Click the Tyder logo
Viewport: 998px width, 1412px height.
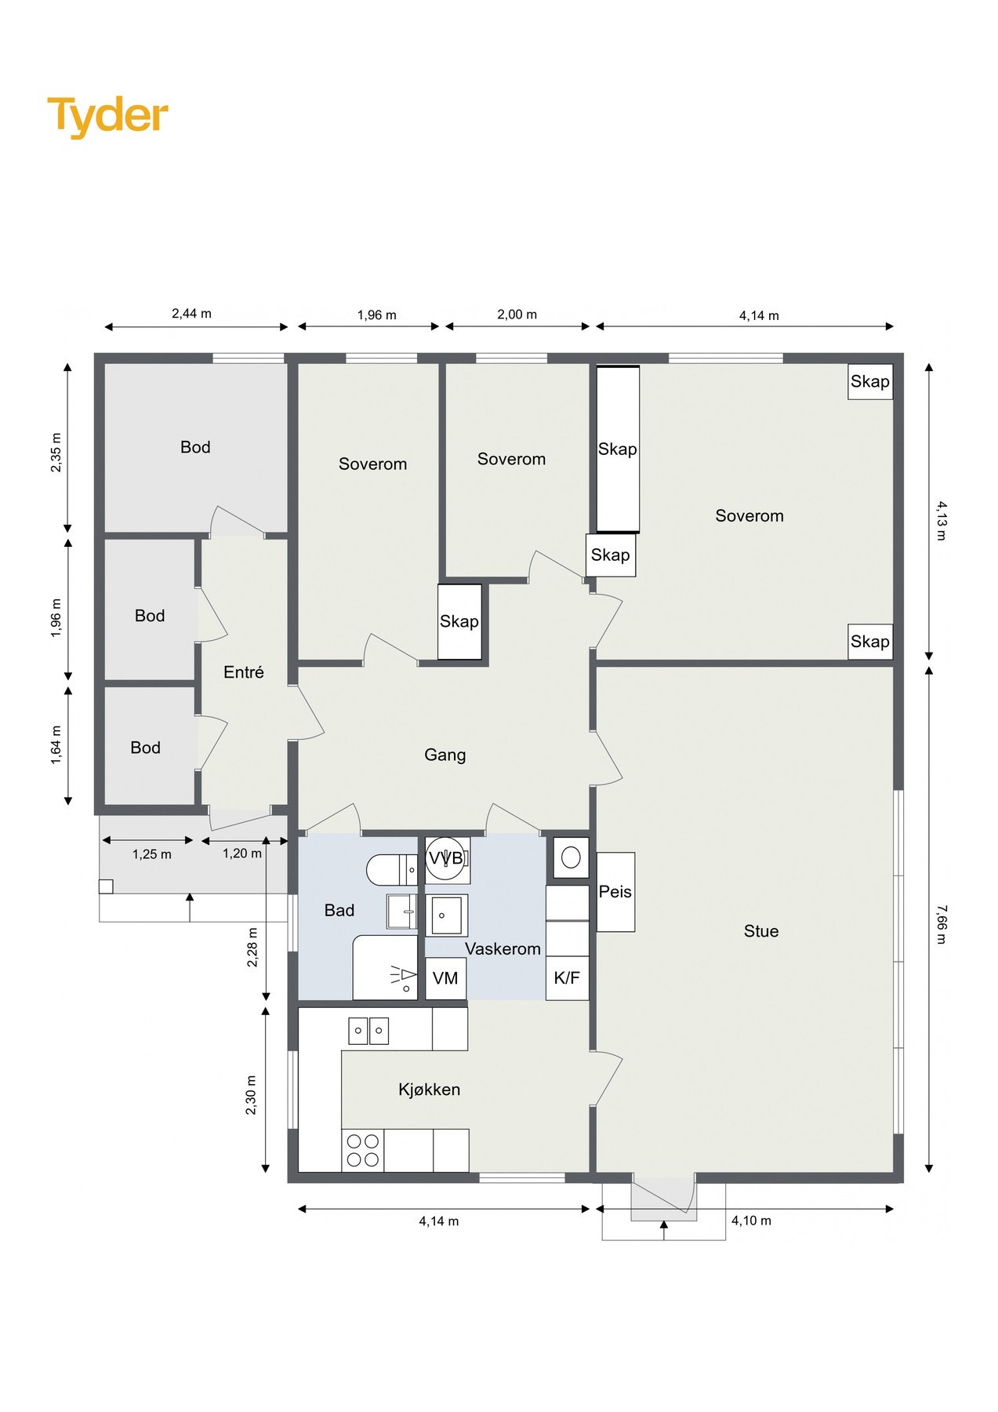tap(107, 116)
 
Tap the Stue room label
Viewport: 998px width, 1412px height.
tap(760, 931)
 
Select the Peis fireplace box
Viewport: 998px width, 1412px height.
tap(615, 892)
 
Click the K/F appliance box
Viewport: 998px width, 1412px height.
tap(567, 978)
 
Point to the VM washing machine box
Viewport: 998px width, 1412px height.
tap(445, 978)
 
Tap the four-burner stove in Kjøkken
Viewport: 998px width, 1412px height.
tap(363, 1150)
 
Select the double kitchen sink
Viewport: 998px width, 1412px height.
tap(368, 1030)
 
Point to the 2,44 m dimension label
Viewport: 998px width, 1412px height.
tap(191, 314)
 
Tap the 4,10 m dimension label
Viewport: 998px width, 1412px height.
tap(751, 1221)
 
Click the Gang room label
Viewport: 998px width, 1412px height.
tap(445, 755)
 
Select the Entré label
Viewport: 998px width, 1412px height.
tap(243, 672)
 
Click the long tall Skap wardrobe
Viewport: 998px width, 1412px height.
tap(618, 449)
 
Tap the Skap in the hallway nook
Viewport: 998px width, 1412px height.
tap(459, 621)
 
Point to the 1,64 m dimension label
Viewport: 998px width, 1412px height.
tap(56, 745)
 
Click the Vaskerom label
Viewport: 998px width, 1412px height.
tap(503, 949)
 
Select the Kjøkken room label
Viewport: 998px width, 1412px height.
tap(429, 1090)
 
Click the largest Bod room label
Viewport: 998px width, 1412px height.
tap(195, 447)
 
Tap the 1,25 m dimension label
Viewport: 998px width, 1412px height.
tap(151, 854)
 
